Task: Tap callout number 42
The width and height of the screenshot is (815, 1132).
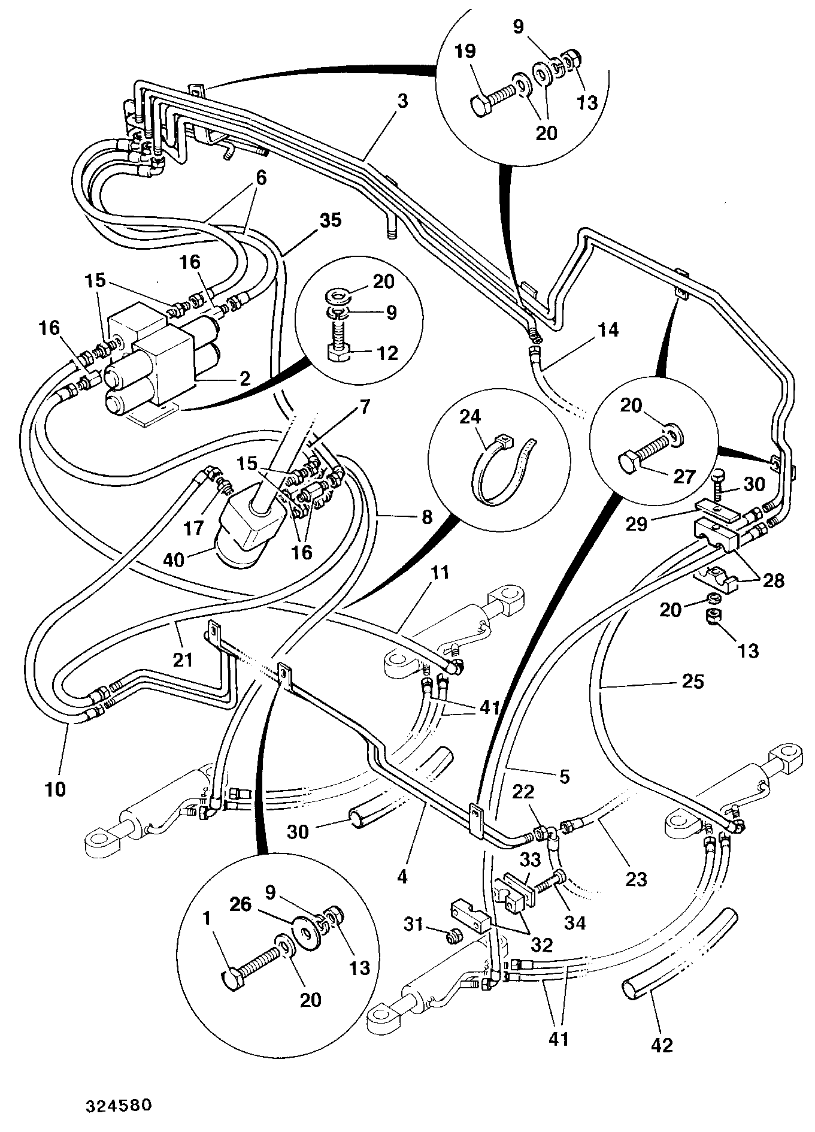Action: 662,1045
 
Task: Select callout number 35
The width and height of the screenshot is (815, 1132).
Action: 330,220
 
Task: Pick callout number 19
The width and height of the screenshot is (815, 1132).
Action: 465,52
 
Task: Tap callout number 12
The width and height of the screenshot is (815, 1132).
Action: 387,353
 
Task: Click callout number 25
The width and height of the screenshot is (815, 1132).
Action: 693,682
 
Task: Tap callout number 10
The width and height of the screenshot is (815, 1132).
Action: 55,789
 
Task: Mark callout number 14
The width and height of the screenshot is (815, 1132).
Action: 608,330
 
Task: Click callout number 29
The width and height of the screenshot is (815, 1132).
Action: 637,524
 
